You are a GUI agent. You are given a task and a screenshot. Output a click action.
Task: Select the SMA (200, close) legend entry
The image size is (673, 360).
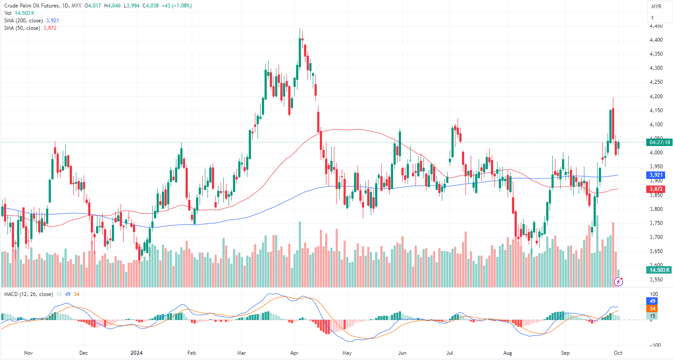coord(24,21)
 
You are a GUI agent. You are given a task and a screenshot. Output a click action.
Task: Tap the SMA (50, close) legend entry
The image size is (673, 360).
coord(22,28)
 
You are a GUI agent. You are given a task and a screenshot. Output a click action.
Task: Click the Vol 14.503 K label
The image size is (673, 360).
coord(19,13)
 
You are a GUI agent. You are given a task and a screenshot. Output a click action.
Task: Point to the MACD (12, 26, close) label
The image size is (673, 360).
coord(28,294)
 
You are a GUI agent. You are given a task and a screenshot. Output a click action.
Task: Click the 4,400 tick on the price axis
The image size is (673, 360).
coord(656,40)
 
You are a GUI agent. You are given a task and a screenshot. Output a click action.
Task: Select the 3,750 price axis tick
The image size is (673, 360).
coord(656,223)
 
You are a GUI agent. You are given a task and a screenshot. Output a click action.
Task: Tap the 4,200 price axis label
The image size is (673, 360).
coord(656,96)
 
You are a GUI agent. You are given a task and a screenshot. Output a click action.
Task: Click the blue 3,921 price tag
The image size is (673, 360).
coord(656,175)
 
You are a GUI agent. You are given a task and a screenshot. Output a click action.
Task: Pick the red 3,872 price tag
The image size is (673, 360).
coord(656,189)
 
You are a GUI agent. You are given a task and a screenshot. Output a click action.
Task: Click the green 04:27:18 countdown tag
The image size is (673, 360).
coord(659,142)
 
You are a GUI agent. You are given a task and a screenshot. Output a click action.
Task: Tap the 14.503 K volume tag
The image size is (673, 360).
coord(659,270)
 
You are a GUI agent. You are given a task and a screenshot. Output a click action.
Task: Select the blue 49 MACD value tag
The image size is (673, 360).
coord(652,301)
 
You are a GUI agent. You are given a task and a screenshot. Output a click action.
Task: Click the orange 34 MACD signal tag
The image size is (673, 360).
coord(652,309)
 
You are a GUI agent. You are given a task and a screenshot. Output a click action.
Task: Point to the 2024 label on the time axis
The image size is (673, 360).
coord(137,353)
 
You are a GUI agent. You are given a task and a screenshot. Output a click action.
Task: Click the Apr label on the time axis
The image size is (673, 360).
coord(294,353)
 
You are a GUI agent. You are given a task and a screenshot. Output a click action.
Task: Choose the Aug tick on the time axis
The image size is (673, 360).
coord(508,353)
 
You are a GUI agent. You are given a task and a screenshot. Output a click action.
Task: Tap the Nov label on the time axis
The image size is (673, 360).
coord(29,353)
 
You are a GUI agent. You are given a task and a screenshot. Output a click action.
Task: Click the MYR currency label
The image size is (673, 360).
coord(656,7)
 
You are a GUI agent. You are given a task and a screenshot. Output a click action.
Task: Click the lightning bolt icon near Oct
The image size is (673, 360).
coord(619,282)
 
